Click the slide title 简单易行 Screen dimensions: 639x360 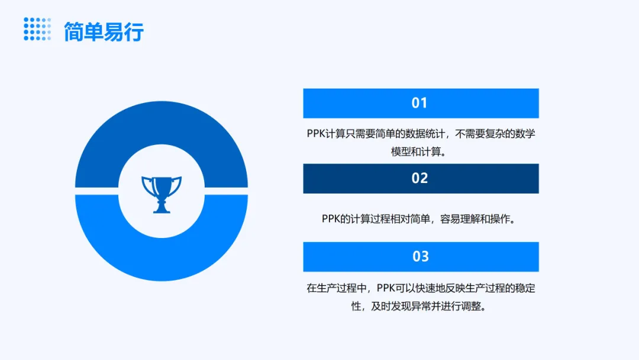[104, 32]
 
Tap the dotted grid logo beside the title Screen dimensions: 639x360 [37, 29]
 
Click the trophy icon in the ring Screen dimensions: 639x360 [162, 194]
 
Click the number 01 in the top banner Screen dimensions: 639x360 [419, 103]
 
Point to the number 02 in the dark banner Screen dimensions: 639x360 [419, 178]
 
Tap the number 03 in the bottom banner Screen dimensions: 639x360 [421, 256]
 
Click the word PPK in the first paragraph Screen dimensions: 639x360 [316, 134]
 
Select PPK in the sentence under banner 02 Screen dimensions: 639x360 [331, 219]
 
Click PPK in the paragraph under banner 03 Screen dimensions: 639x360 [386, 288]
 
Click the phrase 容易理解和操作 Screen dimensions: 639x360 [475, 219]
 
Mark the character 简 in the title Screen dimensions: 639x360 [74, 32]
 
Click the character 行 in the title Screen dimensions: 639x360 [134, 32]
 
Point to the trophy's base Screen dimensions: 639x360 [162, 209]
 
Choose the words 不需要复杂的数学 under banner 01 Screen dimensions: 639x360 [495, 134]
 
